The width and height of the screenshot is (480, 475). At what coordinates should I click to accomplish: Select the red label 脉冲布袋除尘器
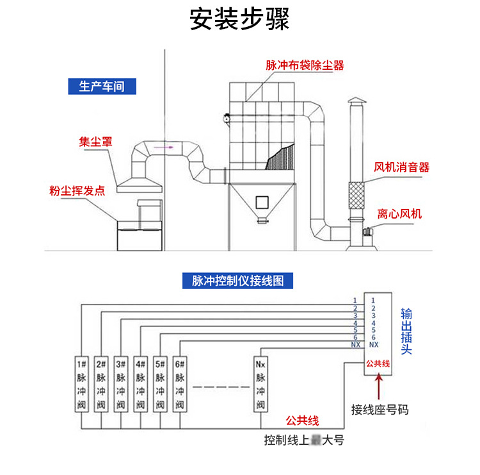click(x=305, y=65)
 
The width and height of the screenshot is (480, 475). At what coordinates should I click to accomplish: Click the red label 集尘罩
click(x=95, y=142)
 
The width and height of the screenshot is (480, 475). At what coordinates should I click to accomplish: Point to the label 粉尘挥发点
click(x=77, y=191)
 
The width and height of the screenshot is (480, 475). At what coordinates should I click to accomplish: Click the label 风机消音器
click(x=401, y=168)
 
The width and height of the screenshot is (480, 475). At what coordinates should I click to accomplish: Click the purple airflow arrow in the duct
click(x=168, y=147)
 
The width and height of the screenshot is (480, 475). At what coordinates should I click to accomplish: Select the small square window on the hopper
click(x=260, y=202)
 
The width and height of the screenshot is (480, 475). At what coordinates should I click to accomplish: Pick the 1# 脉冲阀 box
click(x=81, y=383)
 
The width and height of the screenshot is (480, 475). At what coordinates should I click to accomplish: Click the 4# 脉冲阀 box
click(x=140, y=383)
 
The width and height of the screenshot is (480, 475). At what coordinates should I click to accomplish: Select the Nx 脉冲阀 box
click(x=260, y=383)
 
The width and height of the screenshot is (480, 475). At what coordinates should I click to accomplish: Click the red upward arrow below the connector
click(x=380, y=387)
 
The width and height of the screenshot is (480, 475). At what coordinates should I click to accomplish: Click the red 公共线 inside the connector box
click(x=378, y=363)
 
